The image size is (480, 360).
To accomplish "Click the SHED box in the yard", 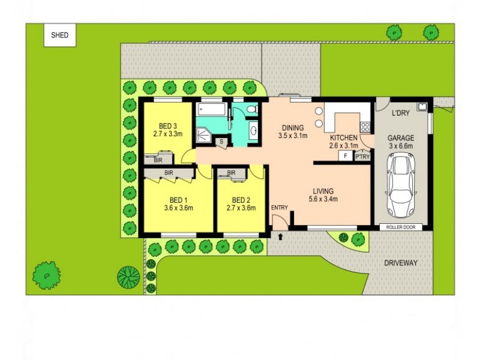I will click(x=59, y=35).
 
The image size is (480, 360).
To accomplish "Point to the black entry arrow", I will click(x=280, y=237).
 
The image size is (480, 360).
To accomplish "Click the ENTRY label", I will click(x=280, y=208).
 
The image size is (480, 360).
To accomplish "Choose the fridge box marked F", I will click(x=345, y=156).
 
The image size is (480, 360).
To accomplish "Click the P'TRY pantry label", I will click(x=362, y=157).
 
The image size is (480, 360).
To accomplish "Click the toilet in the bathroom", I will click(x=253, y=109).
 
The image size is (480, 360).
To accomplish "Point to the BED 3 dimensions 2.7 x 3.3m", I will click(x=167, y=135).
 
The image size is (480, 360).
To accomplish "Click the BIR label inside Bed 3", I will click(x=158, y=160).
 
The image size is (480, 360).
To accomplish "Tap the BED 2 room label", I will click(x=241, y=200).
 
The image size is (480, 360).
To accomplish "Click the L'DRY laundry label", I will click(x=400, y=113).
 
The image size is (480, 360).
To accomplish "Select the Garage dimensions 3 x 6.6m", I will click(x=401, y=146).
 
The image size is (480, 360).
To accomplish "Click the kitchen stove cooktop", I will click(x=364, y=127).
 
